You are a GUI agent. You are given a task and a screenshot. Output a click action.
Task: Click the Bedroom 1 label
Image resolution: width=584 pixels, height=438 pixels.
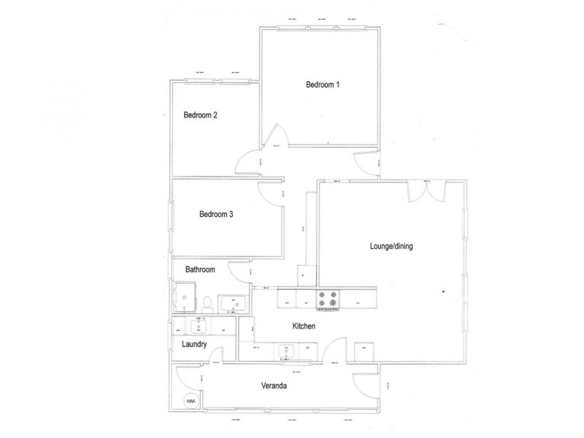pos(323,85)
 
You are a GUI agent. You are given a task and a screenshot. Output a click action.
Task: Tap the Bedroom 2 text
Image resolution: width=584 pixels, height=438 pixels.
pos(200,115)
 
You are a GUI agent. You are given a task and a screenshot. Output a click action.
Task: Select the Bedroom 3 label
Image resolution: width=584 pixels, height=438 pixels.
pos(215,215)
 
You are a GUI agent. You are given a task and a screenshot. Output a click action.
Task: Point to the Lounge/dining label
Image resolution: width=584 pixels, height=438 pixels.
pos(391,247)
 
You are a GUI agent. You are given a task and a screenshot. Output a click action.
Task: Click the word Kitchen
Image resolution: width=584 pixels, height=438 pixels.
pos(304,326)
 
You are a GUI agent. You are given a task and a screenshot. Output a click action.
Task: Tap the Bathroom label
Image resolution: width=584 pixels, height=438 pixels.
pos(200,270)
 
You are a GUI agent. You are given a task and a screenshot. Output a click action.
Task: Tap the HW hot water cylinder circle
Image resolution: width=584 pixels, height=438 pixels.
pos(192,401)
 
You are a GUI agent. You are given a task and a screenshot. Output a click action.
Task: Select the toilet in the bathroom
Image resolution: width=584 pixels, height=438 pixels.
pos(207,302)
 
